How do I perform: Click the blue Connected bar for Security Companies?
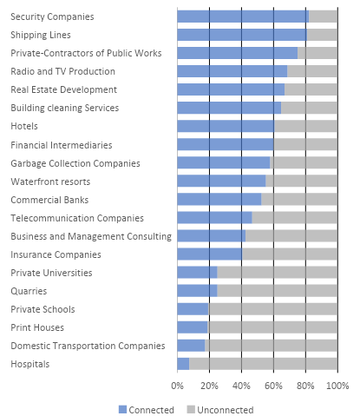(243, 17)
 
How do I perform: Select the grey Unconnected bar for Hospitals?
(263, 364)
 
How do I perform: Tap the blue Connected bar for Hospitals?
(183, 364)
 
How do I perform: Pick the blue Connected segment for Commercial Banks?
(219, 200)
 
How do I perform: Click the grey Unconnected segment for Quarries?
(277, 291)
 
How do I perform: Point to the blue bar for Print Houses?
(193, 327)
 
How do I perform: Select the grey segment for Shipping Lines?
(322, 35)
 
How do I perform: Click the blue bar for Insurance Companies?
(210, 254)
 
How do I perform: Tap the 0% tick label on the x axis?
(177, 386)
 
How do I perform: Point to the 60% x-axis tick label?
(273, 386)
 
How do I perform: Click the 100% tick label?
(337, 386)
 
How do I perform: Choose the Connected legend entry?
(147, 410)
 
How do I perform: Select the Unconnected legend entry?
(220, 410)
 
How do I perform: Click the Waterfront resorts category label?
(50, 182)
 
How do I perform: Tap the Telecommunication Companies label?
(77, 218)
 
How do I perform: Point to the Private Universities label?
(51, 273)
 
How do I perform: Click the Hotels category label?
(24, 126)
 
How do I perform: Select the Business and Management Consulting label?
(91, 236)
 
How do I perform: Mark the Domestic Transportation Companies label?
(88, 346)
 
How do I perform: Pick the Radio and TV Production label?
(62, 71)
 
